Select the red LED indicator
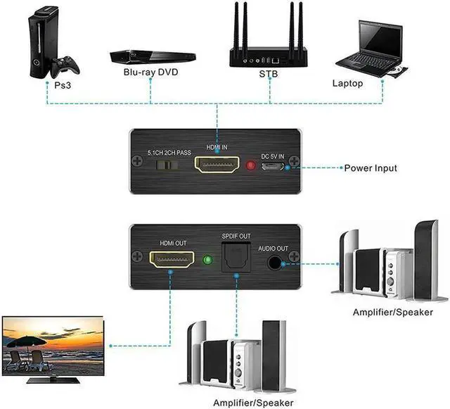[252, 167]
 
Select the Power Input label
[371, 168]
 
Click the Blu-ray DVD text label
[151, 72]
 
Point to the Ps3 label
[64, 84]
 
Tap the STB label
[269, 73]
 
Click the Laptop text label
[347, 84]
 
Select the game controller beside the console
[65, 65]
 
